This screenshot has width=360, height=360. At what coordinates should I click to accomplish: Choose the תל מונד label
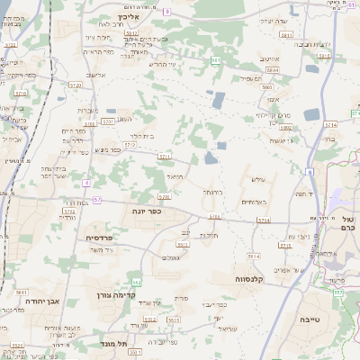click(118, 343)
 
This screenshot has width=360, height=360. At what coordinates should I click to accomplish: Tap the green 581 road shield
click(216, 60)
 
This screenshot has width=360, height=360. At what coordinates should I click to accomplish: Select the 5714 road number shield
click(331, 125)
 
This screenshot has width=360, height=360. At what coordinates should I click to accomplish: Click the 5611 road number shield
click(22, 292)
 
